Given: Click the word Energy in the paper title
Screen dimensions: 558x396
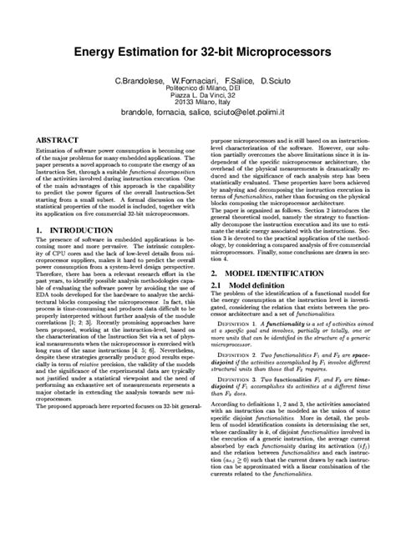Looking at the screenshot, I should (x=99, y=53).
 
